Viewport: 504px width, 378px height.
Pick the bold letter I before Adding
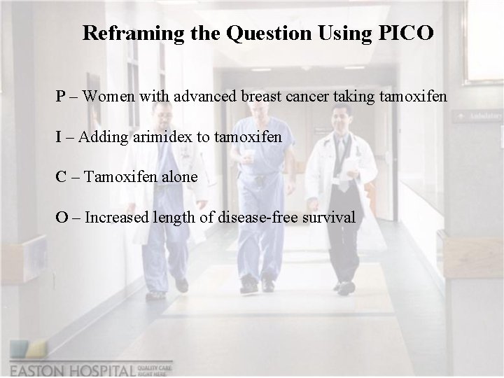59,136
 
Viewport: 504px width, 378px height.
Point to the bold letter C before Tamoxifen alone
62,177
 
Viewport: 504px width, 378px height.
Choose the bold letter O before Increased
62,218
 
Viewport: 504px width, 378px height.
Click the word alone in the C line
178,177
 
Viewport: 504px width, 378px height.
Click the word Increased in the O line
116,218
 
